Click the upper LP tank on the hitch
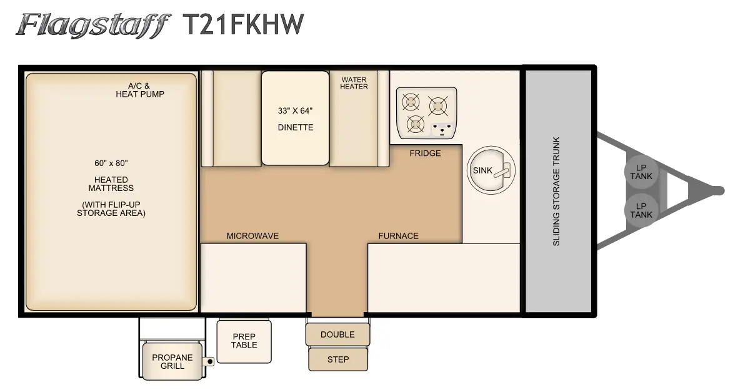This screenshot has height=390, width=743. (641, 172)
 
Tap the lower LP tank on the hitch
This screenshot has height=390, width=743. (641, 211)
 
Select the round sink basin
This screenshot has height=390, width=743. (491, 171)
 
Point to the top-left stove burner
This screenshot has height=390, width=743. (411, 102)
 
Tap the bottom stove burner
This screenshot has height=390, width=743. (416, 124)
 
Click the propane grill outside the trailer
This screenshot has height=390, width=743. (172, 361)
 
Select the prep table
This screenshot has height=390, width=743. (244, 341)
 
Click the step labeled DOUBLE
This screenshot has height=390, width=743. (337, 334)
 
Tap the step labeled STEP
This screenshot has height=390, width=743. (338, 359)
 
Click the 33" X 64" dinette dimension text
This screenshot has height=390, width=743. (295, 110)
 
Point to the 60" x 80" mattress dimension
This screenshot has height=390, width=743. (111, 163)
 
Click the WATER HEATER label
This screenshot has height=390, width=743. (354, 83)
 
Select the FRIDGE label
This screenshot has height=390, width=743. (425, 154)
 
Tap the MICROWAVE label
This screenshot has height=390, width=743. (252, 236)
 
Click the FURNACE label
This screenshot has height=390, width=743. (399, 236)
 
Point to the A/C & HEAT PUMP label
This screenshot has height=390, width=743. (140, 90)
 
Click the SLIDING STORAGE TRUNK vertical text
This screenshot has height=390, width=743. (556, 191)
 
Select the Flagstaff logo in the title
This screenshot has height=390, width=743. (93, 26)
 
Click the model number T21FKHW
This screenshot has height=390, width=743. (242, 24)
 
